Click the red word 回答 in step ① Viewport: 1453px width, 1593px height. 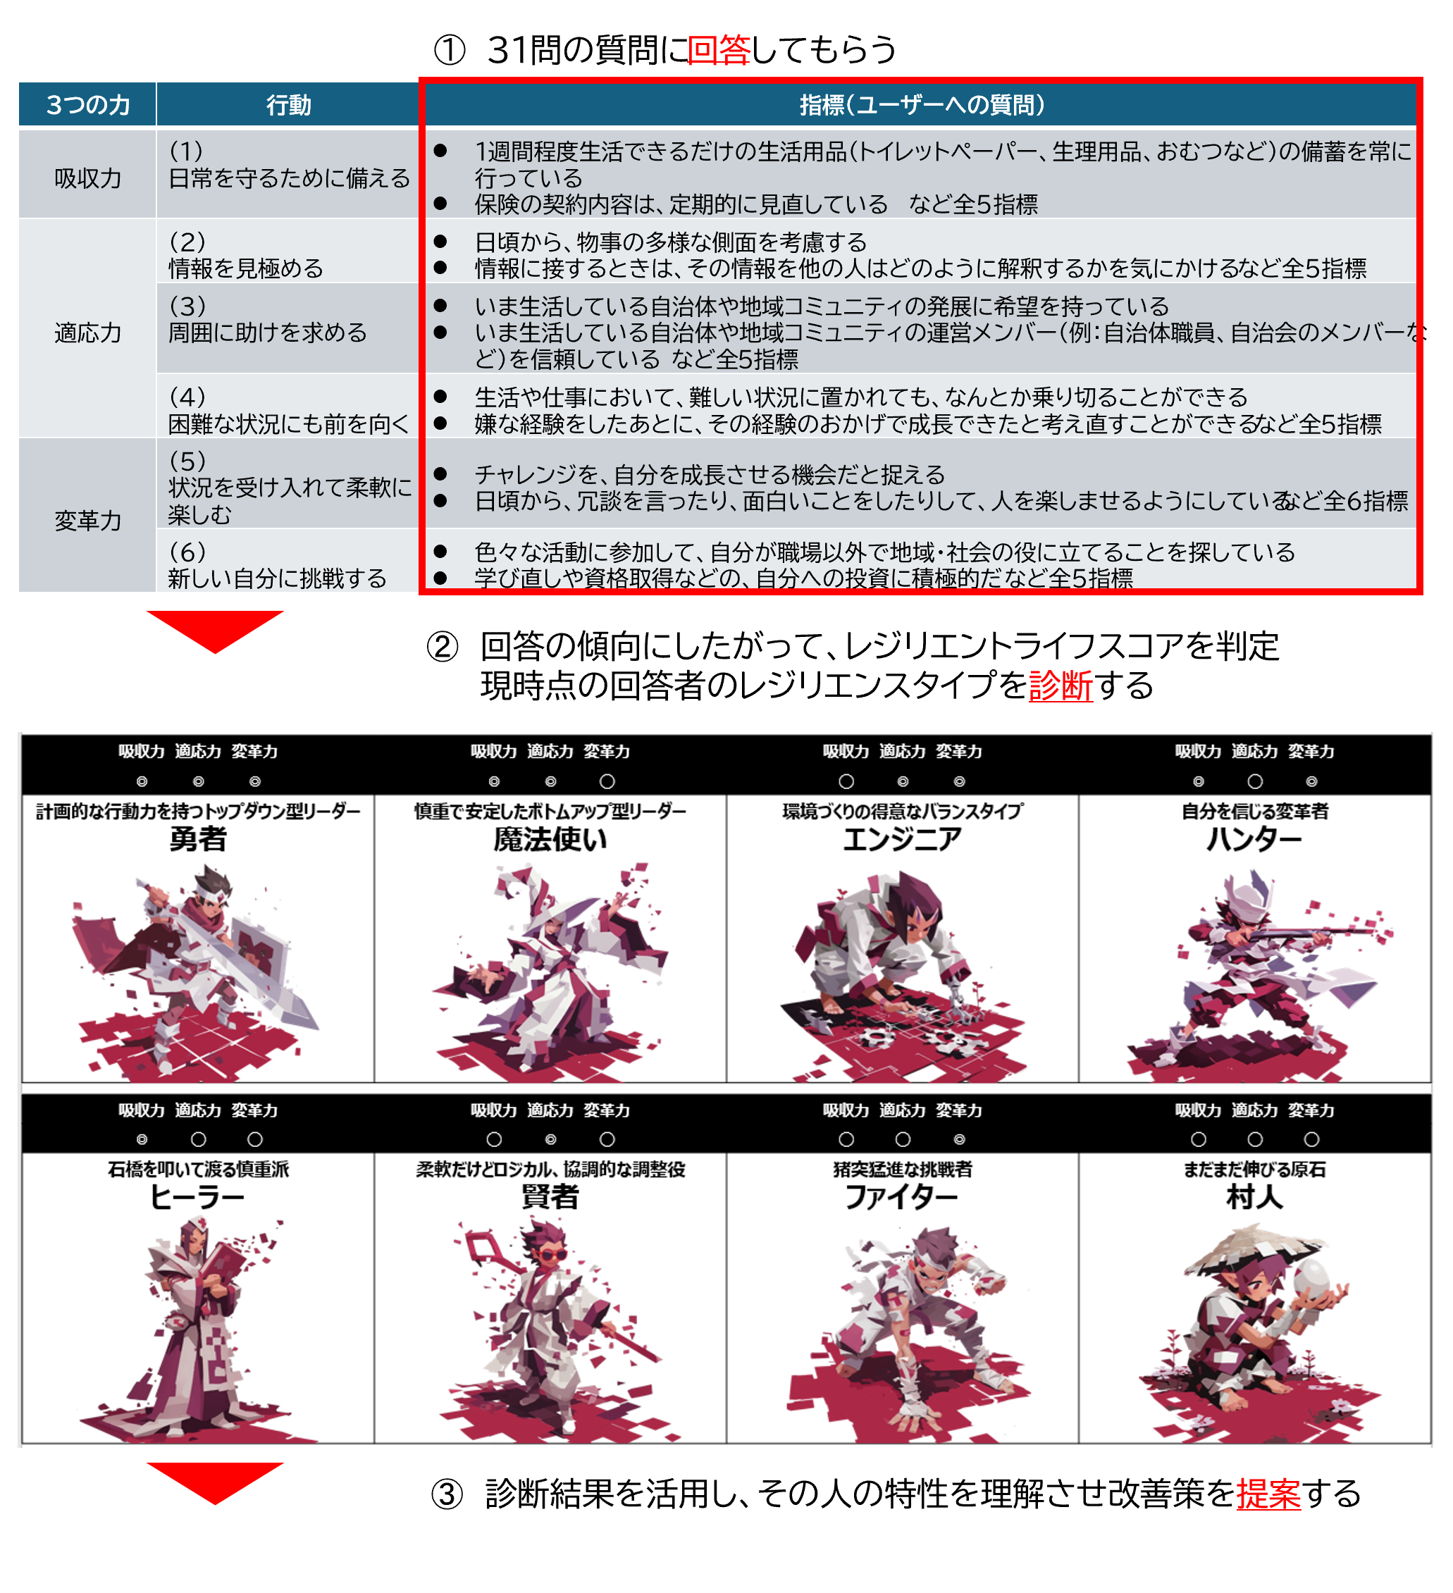(x=718, y=50)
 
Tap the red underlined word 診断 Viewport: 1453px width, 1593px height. (x=1061, y=685)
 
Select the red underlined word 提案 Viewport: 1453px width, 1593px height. (x=1268, y=1494)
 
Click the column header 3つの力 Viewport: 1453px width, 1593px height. (x=87, y=104)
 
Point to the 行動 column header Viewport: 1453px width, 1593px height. (x=288, y=104)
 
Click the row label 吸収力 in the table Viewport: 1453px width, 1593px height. (x=87, y=178)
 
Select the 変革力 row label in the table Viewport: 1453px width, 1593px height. (x=87, y=520)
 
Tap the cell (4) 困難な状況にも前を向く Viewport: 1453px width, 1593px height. (x=288, y=410)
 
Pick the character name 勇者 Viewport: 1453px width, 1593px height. (x=197, y=838)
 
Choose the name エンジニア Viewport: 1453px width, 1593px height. (x=902, y=838)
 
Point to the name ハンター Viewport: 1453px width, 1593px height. (x=1255, y=838)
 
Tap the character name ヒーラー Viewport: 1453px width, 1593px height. (x=197, y=1197)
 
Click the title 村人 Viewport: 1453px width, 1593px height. (x=1255, y=1197)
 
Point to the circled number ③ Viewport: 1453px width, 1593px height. (x=447, y=1495)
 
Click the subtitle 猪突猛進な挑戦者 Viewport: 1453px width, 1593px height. (x=902, y=1170)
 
